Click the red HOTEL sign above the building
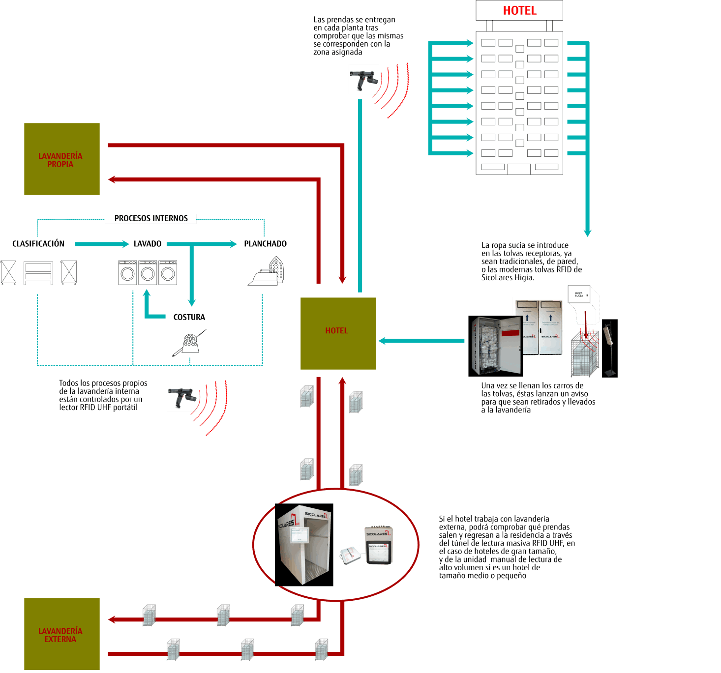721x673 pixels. (x=519, y=10)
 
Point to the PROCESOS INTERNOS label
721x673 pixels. (x=151, y=218)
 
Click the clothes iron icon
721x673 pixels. (x=266, y=275)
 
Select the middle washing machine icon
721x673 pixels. (x=148, y=273)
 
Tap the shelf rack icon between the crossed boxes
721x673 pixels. (x=38, y=273)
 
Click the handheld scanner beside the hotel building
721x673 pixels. (x=364, y=80)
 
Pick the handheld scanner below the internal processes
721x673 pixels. (x=182, y=396)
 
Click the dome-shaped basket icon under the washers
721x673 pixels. (x=190, y=343)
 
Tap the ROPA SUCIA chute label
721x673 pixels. (x=579, y=295)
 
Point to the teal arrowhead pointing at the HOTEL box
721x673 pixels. (x=382, y=341)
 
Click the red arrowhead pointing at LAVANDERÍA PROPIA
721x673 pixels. (x=111, y=179)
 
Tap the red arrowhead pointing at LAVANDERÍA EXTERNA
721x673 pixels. (x=111, y=619)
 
